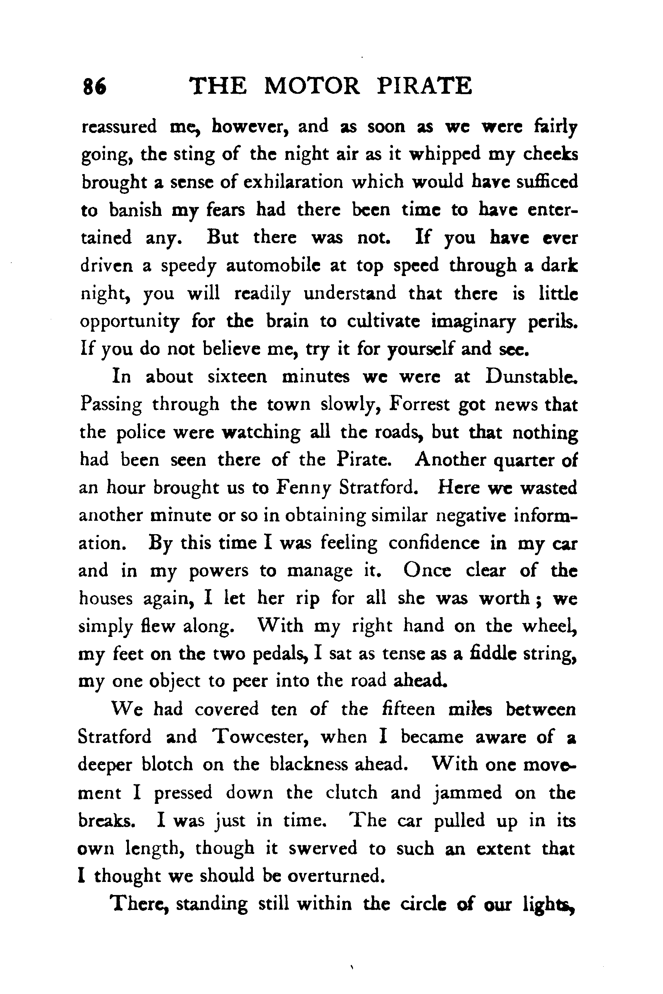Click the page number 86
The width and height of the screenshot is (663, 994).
coord(95,87)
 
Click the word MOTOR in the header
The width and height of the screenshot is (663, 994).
coord(312,86)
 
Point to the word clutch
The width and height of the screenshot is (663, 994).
coord(352,793)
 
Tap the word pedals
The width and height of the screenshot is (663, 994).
coord(282,654)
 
